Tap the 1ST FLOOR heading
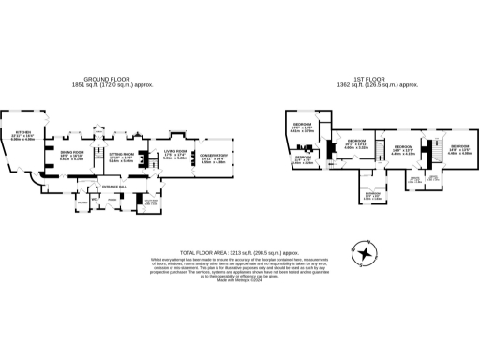click(x=370, y=80)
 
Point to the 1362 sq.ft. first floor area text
click(x=370, y=85)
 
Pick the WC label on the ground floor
click(x=95, y=198)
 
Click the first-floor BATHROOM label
click(x=372, y=196)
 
